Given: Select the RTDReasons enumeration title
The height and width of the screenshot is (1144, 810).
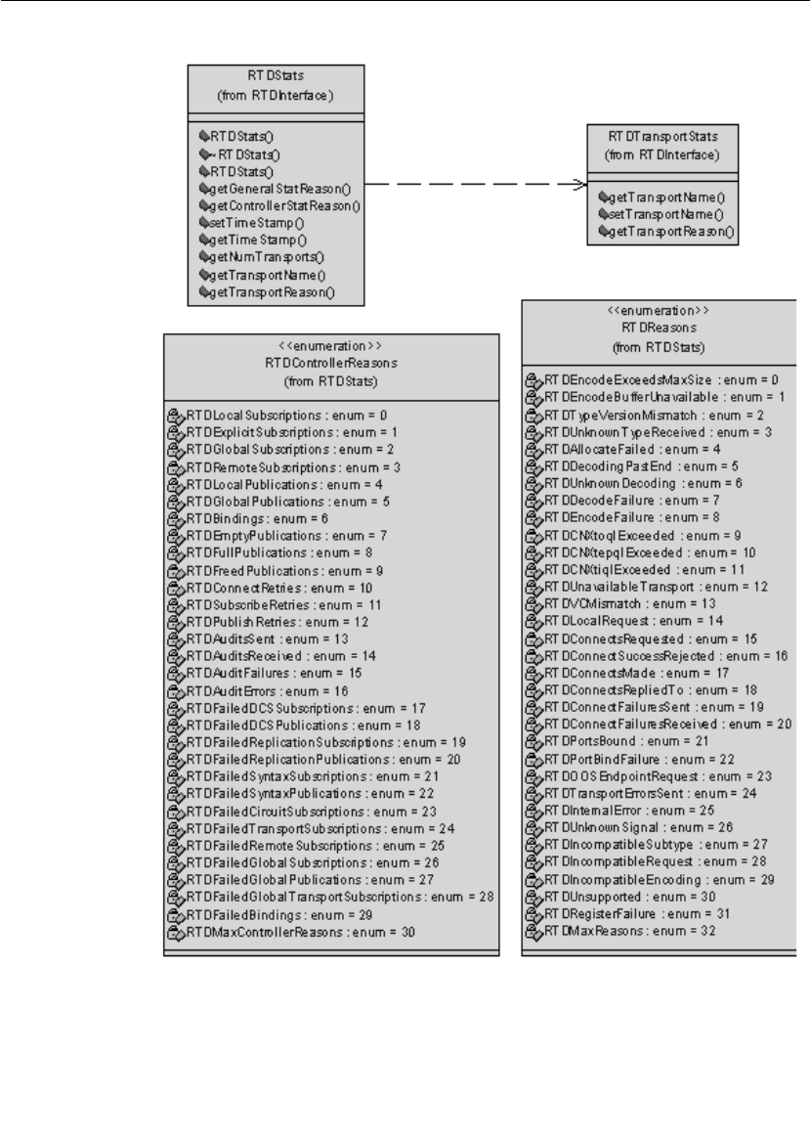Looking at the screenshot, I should [x=660, y=329].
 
